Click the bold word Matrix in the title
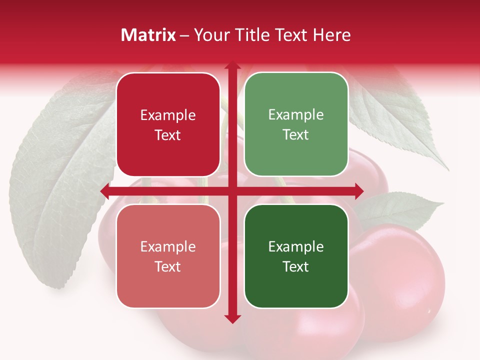148,35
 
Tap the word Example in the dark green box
296,246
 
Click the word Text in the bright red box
168,135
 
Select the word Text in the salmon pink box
168,266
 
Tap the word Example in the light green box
296,115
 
